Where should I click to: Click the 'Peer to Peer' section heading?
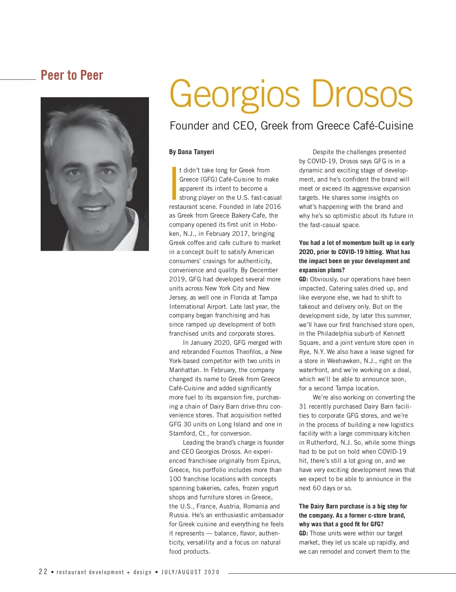coord(72,75)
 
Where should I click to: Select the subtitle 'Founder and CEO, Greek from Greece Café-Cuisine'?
coord(291,126)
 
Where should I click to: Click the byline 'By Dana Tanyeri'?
coord(192,152)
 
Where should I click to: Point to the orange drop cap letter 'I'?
coord(174,183)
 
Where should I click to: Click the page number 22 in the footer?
coord(43,572)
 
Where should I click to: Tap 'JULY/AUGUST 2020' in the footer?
coord(190,572)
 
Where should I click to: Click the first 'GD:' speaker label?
coord(304,279)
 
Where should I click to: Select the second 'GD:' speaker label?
coord(304,533)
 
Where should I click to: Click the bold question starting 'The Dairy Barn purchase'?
coord(353,515)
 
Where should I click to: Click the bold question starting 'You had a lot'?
coord(356,256)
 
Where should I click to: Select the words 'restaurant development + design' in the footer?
coord(104,572)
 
